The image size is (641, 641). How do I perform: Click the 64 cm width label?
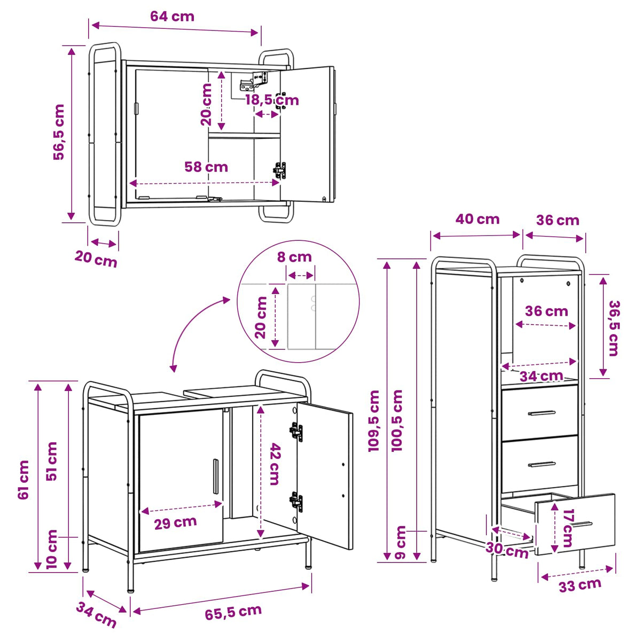click(x=172, y=17)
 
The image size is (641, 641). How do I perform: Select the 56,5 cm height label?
click(x=59, y=132)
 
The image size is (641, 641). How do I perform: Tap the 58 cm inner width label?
click(x=206, y=167)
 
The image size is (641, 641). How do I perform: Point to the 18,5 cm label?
click(x=272, y=100)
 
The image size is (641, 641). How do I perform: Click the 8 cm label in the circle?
click(x=294, y=257)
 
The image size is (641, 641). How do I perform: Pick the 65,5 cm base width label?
click(x=233, y=612)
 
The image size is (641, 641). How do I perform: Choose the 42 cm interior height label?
click(x=274, y=464)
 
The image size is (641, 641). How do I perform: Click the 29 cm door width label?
click(x=175, y=523)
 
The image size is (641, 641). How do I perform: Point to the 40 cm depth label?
click(x=478, y=219)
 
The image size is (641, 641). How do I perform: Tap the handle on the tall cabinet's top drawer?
click(x=542, y=413)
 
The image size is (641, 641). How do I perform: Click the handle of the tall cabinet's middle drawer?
click(x=542, y=464)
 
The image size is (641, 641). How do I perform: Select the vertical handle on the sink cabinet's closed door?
click(x=216, y=476)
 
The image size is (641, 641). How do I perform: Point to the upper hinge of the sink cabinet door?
click(x=296, y=432)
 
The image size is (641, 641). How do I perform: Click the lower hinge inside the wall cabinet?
click(x=280, y=170)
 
